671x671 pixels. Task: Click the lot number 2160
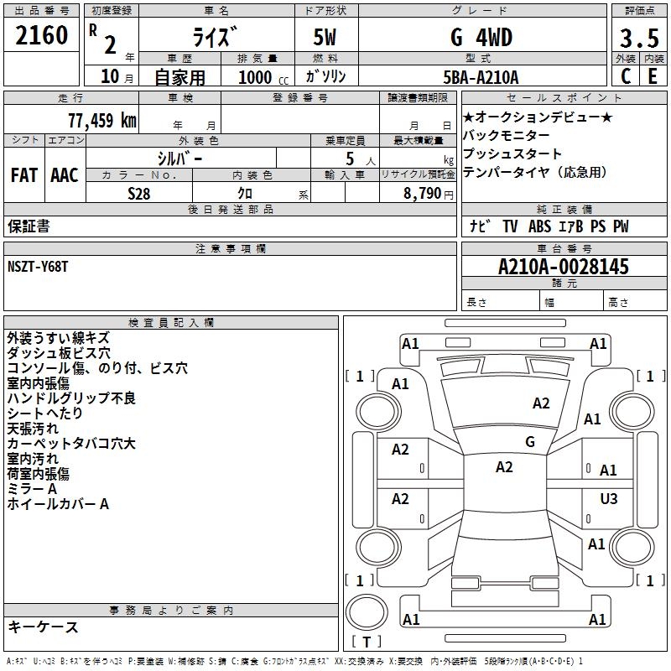42,37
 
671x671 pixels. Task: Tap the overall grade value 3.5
638,38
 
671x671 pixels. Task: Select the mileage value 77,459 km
101,120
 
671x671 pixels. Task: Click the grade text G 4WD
481,38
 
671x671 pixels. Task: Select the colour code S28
139,193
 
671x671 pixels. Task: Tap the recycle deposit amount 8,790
423,193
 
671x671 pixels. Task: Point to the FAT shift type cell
24,174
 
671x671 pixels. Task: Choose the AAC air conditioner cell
65,174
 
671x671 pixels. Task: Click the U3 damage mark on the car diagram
608,499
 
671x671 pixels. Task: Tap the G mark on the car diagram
530,442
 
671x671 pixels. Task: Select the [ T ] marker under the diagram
367,642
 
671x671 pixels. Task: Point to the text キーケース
43,627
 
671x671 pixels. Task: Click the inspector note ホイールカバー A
58,504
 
